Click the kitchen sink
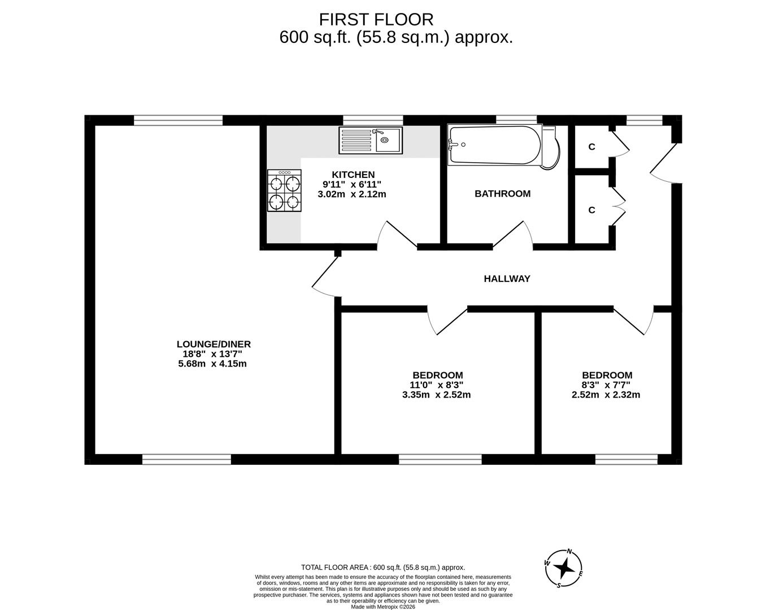coord(370,140)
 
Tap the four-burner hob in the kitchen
coord(285,191)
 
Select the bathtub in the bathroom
coord(494,145)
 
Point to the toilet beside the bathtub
coord(551,148)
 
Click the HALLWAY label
coord(507,278)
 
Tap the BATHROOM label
coord(502,194)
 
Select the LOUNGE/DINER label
coord(214,344)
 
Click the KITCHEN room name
coord(352,175)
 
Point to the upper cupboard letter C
coord(591,147)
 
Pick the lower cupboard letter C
coord(591,210)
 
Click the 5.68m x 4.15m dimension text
coord(212,364)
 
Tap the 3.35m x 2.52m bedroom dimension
coord(436,395)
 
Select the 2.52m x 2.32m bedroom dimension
coord(606,395)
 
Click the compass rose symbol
coord(564,568)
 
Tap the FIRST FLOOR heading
coord(376,20)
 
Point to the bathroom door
coord(513,234)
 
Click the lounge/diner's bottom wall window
coord(186,460)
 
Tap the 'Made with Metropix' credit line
coord(382,607)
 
